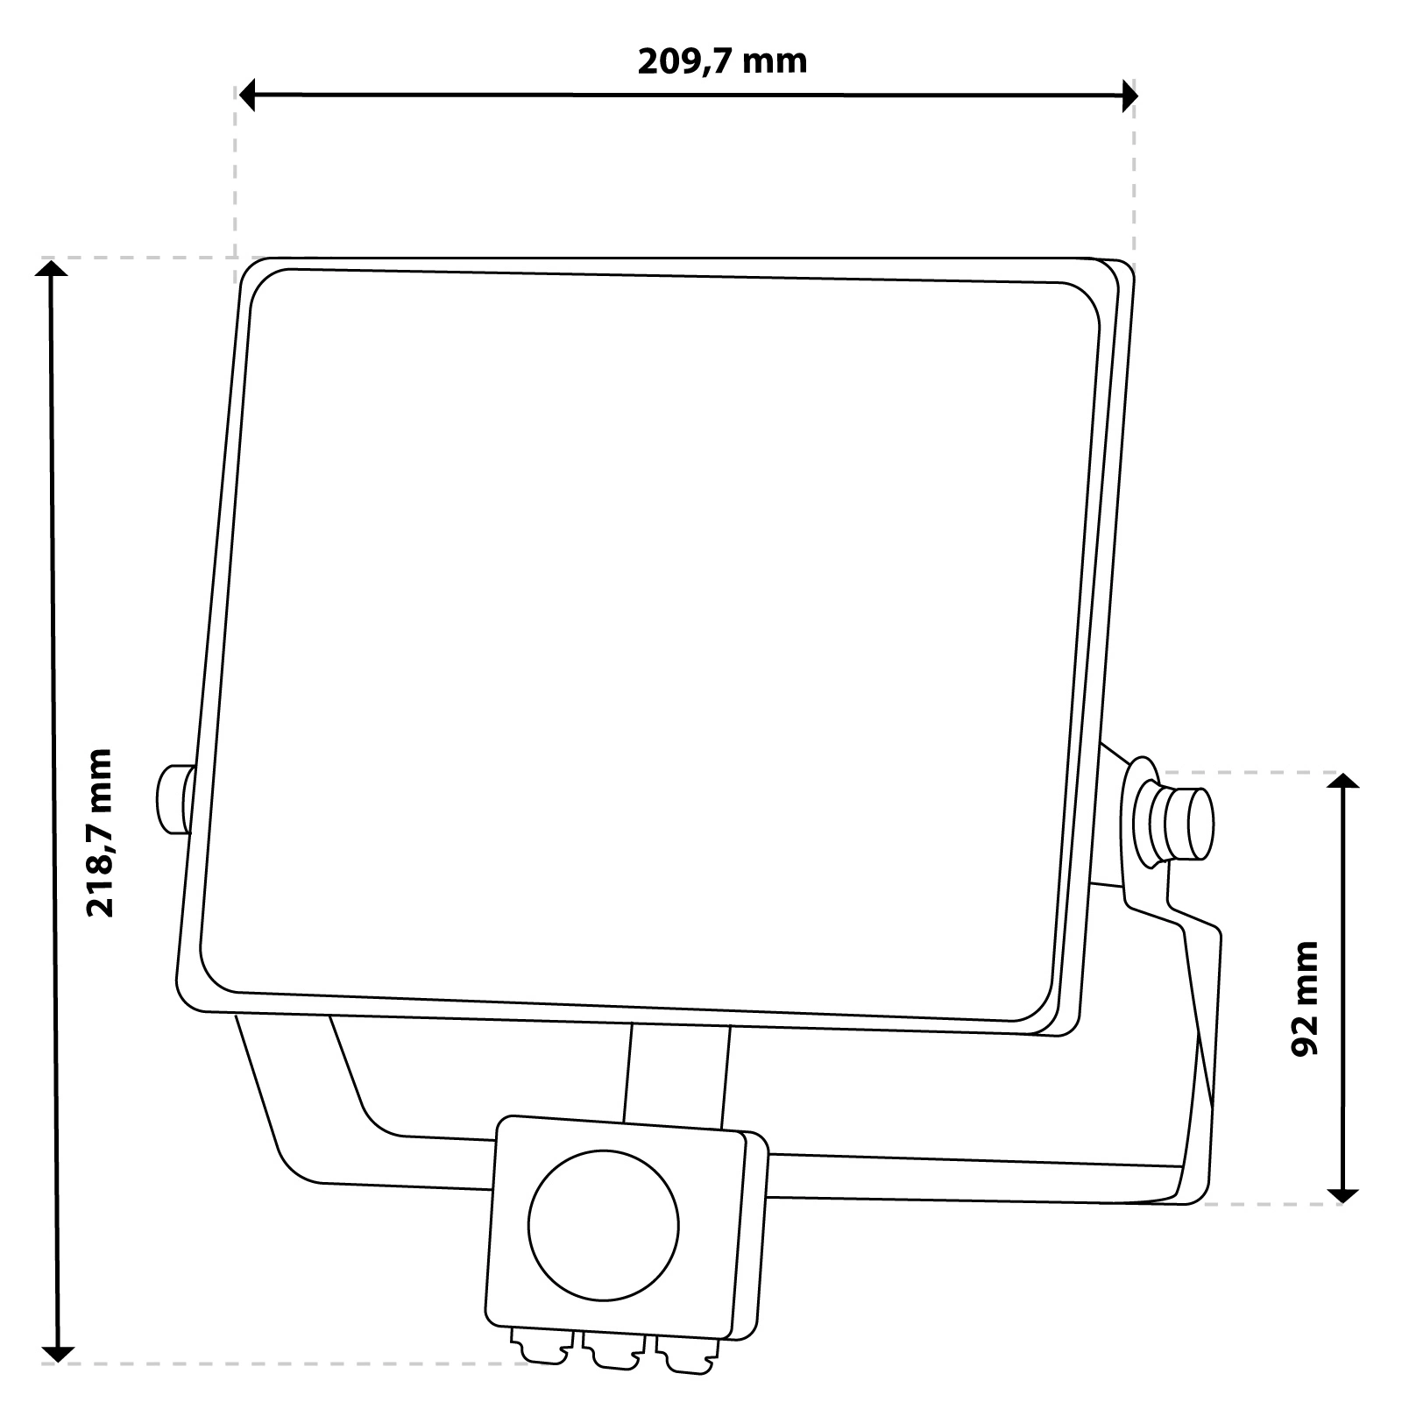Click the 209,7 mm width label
721,62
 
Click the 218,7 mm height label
100,832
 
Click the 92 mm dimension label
1306,999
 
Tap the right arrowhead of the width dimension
1129,96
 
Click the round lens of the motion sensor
604,1224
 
